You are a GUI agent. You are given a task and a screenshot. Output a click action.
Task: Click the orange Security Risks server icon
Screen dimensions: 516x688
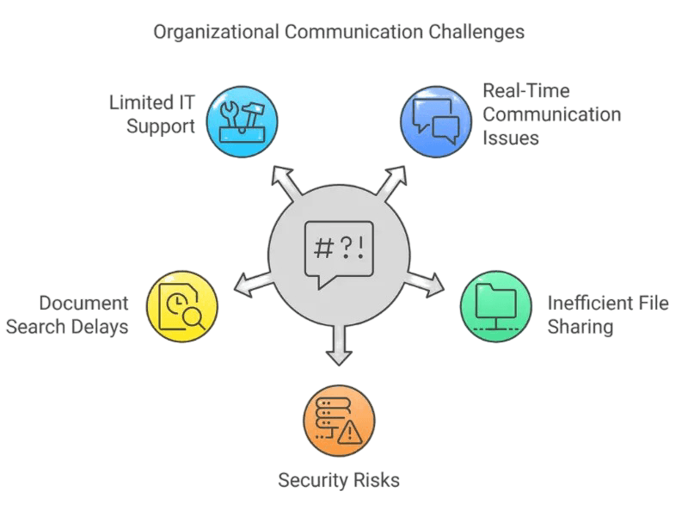pos(339,421)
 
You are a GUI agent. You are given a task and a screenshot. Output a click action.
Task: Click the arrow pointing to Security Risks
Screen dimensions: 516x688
pos(339,347)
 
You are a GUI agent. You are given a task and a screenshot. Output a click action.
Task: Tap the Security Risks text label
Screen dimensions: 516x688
pos(339,479)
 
